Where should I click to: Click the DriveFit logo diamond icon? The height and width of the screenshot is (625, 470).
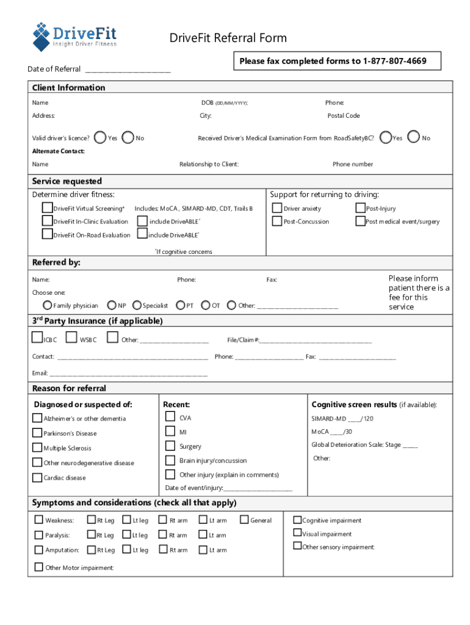click(42, 36)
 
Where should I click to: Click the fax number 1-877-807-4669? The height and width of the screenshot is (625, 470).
click(394, 61)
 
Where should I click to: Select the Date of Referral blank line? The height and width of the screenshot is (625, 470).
click(128, 70)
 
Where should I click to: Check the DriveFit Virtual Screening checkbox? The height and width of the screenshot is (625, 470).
click(47, 208)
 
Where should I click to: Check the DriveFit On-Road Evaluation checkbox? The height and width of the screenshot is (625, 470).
click(47, 234)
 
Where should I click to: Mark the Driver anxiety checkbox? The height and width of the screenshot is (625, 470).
click(277, 208)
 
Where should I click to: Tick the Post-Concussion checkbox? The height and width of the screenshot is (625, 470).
click(277, 221)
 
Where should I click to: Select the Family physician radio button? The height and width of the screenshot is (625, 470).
click(47, 305)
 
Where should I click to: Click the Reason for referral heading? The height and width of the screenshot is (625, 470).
click(69, 388)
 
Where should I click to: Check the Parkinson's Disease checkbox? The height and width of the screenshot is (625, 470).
click(37, 433)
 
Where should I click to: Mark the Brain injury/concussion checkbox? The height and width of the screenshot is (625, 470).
click(170, 460)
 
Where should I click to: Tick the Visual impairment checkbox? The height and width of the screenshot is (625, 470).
click(297, 533)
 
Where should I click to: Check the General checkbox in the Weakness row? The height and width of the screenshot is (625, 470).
click(244, 520)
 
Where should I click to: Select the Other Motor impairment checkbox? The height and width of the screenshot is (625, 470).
click(38, 568)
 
